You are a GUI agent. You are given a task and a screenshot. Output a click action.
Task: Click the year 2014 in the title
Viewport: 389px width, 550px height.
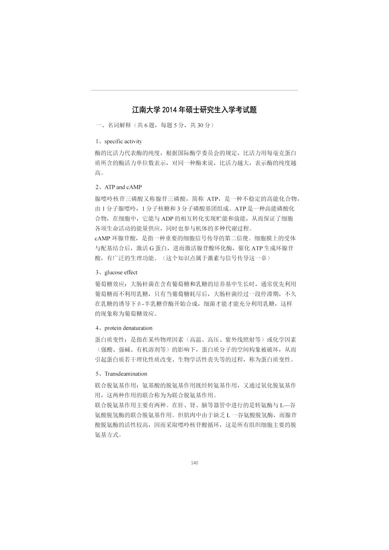169,110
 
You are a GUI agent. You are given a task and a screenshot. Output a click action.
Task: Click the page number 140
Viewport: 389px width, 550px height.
194,463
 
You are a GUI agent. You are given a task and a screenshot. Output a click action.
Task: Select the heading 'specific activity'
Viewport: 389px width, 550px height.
123,142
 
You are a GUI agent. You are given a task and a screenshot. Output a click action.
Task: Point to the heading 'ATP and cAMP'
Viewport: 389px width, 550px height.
123,187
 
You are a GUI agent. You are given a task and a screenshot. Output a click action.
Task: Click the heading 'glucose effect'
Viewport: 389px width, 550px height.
121,273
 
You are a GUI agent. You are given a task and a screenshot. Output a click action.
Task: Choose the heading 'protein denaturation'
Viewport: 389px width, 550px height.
128,328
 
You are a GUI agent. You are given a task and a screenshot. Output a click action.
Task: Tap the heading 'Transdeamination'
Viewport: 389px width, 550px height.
126,374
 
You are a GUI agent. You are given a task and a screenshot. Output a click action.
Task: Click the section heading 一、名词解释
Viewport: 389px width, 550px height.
113,125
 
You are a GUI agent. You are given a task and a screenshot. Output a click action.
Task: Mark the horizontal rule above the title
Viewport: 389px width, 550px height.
194,90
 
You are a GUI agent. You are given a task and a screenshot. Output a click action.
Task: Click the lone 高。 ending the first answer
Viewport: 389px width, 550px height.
100,173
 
